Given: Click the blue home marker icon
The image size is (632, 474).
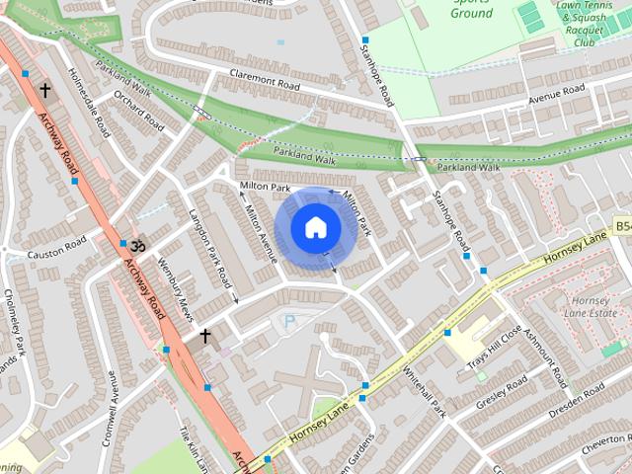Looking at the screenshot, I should click(315, 227).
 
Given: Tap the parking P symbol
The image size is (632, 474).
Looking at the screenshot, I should click(289, 322).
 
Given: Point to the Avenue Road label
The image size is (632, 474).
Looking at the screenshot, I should click(556, 97).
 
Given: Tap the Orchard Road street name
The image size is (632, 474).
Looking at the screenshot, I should click(138, 111).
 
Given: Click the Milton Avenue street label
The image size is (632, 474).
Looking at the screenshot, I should click(260, 233).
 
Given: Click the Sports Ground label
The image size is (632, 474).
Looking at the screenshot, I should click(471, 9).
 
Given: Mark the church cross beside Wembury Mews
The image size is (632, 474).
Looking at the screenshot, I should click(205, 337).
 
